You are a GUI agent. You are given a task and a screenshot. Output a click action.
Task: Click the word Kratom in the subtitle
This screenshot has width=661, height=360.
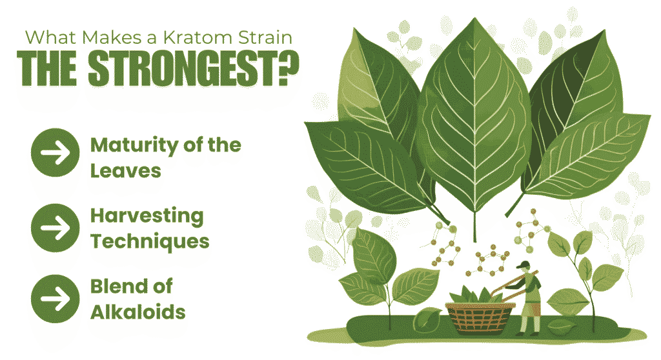198,37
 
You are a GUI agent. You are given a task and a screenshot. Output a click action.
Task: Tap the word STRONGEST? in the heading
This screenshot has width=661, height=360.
194,69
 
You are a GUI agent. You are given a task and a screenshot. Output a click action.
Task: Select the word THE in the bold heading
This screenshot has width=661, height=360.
46,69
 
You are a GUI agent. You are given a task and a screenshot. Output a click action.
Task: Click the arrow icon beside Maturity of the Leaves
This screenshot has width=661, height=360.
56,153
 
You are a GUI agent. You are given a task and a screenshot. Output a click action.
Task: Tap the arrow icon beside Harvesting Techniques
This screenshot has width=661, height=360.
56,228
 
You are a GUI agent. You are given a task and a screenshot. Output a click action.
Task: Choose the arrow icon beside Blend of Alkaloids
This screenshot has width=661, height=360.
56,299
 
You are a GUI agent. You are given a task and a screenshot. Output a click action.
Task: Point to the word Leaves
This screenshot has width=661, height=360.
126,171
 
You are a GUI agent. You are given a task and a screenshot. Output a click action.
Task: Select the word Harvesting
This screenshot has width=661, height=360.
147,217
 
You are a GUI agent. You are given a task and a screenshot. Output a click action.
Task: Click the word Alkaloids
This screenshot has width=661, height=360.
138,312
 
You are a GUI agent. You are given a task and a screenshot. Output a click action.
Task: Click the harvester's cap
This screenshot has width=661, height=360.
523,265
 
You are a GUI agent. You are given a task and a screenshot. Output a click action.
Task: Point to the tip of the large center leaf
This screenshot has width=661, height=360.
475,19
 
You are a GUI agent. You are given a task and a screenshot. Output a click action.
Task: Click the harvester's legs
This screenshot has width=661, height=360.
529,325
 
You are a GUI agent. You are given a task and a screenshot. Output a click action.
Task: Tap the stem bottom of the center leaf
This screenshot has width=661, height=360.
475,241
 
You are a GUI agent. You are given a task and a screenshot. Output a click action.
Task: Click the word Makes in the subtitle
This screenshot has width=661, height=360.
112,37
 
